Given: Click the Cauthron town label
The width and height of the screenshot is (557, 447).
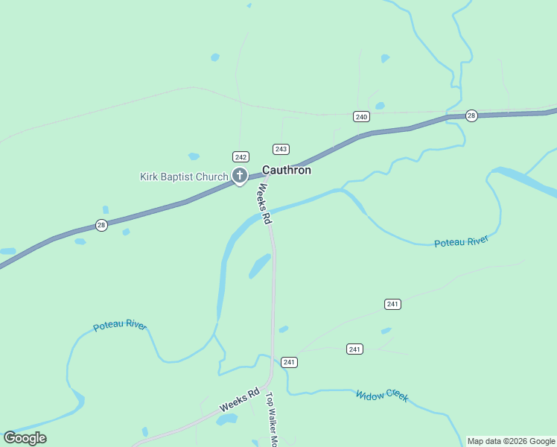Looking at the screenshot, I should (x=286, y=171).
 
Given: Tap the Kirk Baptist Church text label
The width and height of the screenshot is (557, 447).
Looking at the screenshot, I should (x=184, y=177).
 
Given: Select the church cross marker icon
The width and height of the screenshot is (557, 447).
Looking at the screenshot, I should (x=240, y=176).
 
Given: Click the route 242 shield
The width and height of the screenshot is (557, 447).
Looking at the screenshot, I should (x=240, y=156).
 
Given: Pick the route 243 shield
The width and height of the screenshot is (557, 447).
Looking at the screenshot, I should (x=281, y=149).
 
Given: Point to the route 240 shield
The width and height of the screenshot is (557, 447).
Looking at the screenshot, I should (x=361, y=116).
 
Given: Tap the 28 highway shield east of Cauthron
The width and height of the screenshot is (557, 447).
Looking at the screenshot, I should (x=471, y=115).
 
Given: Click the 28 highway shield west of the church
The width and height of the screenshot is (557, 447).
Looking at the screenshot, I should (x=101, y=225).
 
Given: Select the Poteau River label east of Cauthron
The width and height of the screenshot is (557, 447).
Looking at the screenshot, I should (x=461, y=241).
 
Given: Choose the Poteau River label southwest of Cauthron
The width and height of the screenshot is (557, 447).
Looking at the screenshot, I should (x=120, y=326).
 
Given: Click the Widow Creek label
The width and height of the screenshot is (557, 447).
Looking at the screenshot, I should (x=382, y=396).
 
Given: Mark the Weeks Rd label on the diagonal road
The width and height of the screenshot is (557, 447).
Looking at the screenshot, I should (x=239, y=401).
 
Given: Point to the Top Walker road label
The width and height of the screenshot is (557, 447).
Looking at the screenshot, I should (x=272, y=419).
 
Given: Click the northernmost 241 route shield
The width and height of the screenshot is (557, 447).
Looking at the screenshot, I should (x=393, y=304).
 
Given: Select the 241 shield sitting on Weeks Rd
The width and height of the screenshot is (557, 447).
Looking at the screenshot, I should (x=290, y=362).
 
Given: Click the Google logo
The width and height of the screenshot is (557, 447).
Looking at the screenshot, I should (x=25, y=438).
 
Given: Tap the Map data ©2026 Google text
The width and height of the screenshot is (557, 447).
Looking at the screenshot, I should (x=512, y=441).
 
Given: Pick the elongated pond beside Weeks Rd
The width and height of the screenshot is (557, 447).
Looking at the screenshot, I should (x=260, y=265).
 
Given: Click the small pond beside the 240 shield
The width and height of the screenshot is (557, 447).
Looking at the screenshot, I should (x=380, y=106).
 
